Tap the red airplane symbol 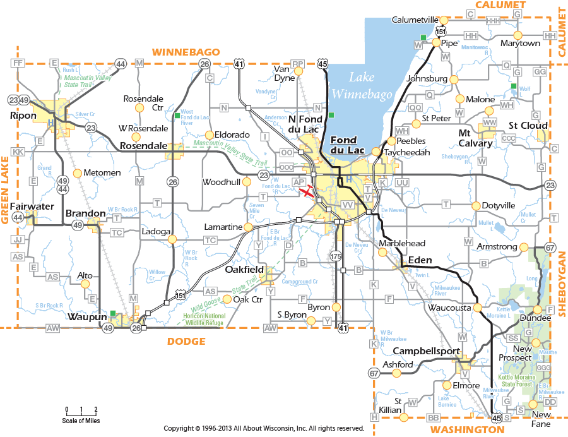[307, 191]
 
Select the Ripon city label [23, 116]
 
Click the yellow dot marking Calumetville [444, 20]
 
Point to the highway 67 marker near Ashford [374, 373]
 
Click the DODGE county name [186, 341]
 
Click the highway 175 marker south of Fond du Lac [335, 256]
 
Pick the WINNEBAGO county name [186, 52]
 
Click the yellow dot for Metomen [77, 173]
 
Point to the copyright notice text [264, 428]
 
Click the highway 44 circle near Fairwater [18, 218]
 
